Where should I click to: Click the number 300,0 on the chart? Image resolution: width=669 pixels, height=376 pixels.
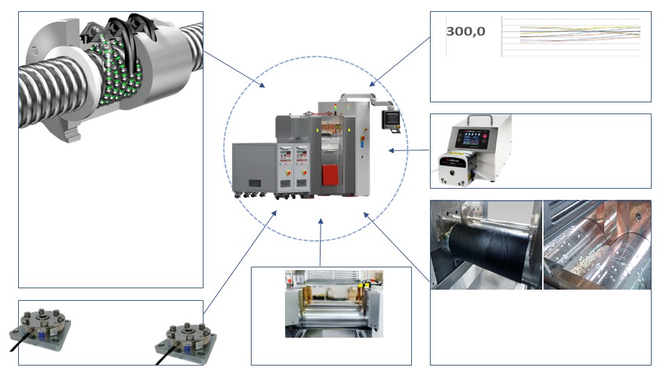coord(466,32)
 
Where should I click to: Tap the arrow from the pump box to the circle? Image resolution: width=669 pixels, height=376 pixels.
coord(409,150)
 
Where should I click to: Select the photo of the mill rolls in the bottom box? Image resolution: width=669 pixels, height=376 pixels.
coord(334,304)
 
